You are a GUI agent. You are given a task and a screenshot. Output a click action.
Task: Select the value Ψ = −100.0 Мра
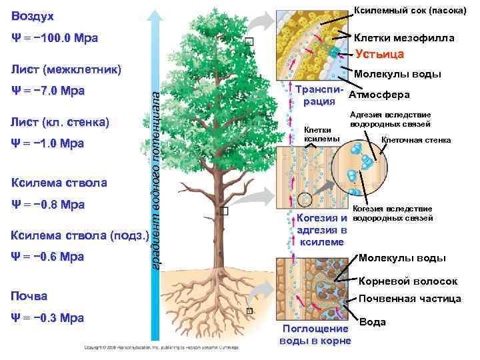[x=55, y=38]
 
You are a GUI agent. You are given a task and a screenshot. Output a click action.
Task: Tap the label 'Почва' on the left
[x=30, y=295]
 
